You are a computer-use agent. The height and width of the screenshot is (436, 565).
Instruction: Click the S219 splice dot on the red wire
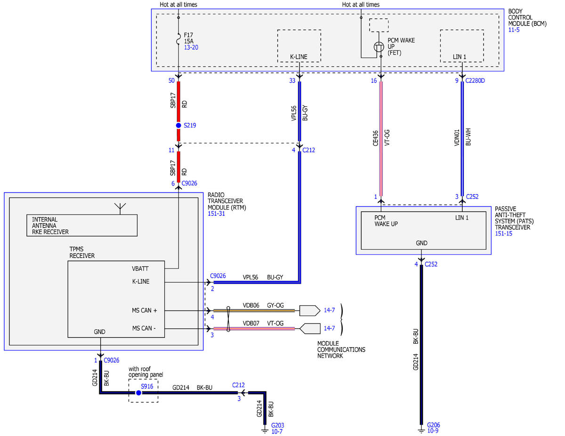pos(178,126)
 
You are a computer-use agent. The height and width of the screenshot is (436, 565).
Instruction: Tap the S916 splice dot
pos(138,393)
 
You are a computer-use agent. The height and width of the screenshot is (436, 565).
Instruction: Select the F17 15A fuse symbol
pos(178,39)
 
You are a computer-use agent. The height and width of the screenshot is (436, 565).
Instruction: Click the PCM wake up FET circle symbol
pos(379,47)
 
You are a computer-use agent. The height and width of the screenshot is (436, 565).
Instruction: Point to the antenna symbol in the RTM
pos(120,208)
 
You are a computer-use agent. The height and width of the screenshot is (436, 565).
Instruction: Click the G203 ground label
pos(277,425)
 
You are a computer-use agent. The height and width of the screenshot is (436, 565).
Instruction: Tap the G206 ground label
pos(434,425)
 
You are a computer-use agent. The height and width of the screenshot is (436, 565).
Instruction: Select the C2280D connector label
pos(475,80)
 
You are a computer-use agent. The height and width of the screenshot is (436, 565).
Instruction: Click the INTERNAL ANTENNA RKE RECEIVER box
pos(82,225)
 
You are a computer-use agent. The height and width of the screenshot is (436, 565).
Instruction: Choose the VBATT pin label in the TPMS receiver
pos(140,269)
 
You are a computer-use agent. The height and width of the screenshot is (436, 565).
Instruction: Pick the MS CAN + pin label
pos(144,310)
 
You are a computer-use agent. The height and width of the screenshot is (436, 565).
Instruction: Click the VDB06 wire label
pos(251,305)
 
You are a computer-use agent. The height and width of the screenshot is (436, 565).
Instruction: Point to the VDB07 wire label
pos(251,323)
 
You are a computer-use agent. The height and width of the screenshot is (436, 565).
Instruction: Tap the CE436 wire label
pos(375,138)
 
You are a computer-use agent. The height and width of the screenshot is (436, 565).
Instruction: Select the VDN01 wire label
pos(457,138)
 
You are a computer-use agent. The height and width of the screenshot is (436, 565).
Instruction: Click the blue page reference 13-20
pos(191,47)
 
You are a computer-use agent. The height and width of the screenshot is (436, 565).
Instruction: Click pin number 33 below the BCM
pos(292,80)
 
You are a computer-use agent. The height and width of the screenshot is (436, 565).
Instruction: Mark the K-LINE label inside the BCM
pos(299,56)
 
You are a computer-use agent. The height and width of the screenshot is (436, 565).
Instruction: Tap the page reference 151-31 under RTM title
pos(216,214)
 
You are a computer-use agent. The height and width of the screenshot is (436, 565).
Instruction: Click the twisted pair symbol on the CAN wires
pos(228,319)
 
